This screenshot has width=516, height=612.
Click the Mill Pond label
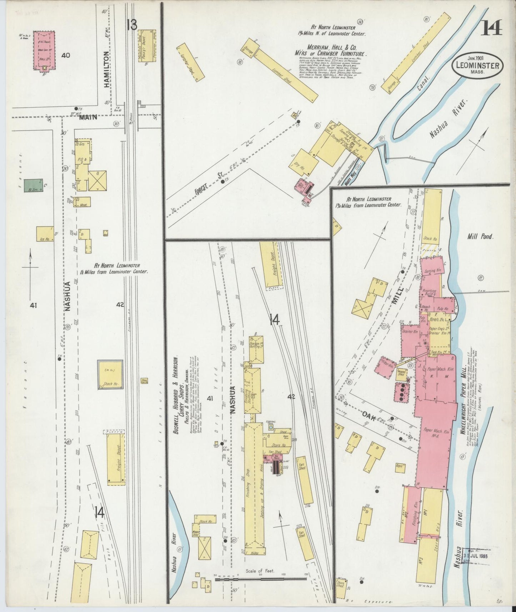coord(480,236)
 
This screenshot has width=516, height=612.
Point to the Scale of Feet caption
coord(260,581)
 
